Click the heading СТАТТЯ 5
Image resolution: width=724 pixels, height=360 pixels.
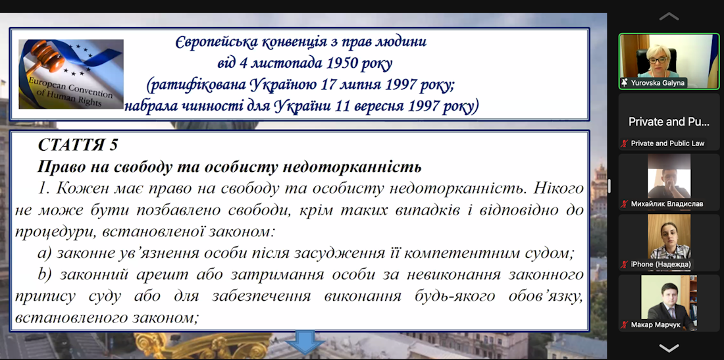(78, 145)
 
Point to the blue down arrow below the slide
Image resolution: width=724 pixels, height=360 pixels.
(305, 342)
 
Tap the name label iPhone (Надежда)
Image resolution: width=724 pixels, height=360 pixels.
(661, 264)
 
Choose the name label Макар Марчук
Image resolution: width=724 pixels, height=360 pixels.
(655, 325)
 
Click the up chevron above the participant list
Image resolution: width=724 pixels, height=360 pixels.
(669, 16)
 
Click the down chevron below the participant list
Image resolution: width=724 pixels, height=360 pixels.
(669, 347)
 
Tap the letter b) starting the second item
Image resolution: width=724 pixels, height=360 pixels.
(45, 274)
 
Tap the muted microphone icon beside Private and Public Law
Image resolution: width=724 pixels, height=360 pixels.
(624, 143)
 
